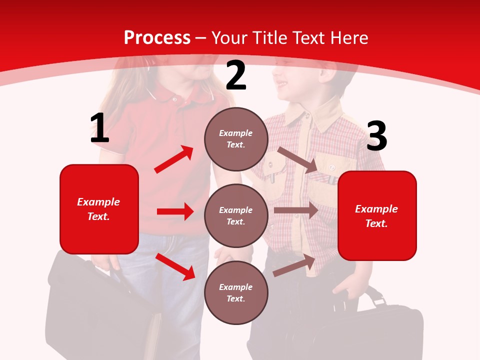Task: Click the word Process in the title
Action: [x=157, y=38]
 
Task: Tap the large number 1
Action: [x=99, y=129]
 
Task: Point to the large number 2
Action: [x=236, y=76]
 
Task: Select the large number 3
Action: [x=376, y=136]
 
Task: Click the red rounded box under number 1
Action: [x=99, y=209]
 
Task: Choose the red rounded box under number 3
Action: [x=377, y=215]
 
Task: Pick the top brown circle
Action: [x=236, y=139]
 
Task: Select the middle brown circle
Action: [x=236, y=215]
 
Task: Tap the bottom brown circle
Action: [x=236, y=292]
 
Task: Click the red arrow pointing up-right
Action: [x=174, y=159]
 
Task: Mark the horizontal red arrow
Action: [x=175, y=211]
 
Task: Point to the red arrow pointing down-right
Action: [x=175, y=266]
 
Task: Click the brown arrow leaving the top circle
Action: [x=297, y=160]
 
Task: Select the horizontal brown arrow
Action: [x=295, y=210]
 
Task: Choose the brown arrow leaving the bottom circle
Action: [x=294, y=265]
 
